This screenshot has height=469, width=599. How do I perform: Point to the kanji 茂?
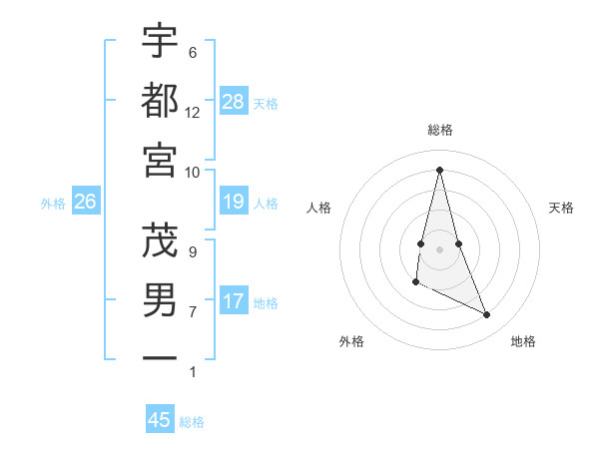(x=160, y=239)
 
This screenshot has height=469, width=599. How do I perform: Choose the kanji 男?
(x=160, y=299)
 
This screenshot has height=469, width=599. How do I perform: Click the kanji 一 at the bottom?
(x=160, y=356)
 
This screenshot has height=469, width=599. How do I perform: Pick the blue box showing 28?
(x=233, y=101)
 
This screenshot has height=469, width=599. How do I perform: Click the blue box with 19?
(x=233, y=203)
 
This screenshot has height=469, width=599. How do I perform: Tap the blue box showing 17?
(x=233, y=301)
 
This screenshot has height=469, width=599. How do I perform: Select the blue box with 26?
(x=85, y=203)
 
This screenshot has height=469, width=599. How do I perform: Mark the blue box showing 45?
(x=160, y=420)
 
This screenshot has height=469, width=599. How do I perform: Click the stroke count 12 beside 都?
(x=192, y=113)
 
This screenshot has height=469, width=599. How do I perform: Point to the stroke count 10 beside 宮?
(x=192, y=172)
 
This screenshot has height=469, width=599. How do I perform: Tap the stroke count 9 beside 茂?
(x=192, y=251)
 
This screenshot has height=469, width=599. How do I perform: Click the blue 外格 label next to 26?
(x=53, y=204)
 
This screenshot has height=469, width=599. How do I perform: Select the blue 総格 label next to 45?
(x=192, y=422)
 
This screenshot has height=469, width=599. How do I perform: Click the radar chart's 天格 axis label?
(x=561, y=208)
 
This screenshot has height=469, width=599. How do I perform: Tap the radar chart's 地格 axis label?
(x=523, y=341)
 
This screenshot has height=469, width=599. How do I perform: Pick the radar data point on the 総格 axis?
(x=439, y=169)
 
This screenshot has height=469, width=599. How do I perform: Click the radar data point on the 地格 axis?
(x=487, y=315)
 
